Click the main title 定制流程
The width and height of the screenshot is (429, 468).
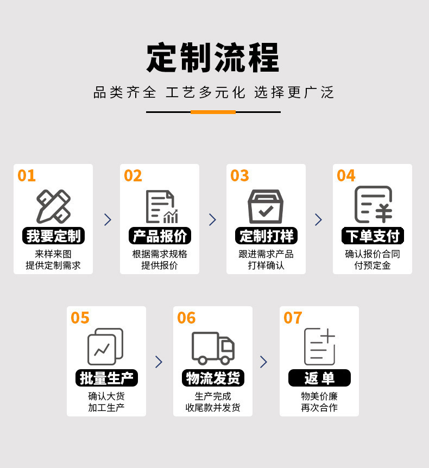pyautogui.click(x=213, y=58)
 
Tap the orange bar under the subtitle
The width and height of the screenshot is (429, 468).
pyautogui.click(x=213, y=112)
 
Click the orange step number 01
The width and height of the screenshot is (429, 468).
pyautogui.click(x=27, y=175)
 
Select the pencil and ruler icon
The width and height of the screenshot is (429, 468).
pyautogui.click(x=53, y=206)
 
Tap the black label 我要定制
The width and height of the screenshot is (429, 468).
pyautogui.click(x=53, y=236)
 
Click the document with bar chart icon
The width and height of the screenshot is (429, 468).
pyautogui.click(x=162, y=206)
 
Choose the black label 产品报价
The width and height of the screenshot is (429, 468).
pyautogui.click(x=160, y=236)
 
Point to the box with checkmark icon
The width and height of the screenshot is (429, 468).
pyautogui.click(x=266, y=206)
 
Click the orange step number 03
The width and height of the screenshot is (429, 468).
pyautogui.click(x=239, y=175)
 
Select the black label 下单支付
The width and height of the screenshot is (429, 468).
pyautogui.click(x=373, y=236)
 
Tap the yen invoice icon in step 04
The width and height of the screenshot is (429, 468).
pyautogui.click(x=373, y=205)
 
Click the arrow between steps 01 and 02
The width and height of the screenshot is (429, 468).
pyautogui.click(x=108, y=220)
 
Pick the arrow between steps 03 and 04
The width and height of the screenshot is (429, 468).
pyautogui.click(x=319, y=220)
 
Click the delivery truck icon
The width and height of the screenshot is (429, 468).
pyautogui.click(x=213, y=348)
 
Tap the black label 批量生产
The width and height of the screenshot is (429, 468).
pyautogui.click(x=106, y=378)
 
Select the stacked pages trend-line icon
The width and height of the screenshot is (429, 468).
pyautogui.click(x=105, y=346)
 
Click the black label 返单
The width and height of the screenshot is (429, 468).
pyautogui.click(x=319, y=378)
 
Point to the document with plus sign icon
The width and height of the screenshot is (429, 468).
pyautogui.click(x=319, y=346)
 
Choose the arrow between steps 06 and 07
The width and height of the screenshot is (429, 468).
pyautogui.click(x=263, y=362)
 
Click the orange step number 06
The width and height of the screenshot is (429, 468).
pyautogui.click(x=186, y=318)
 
